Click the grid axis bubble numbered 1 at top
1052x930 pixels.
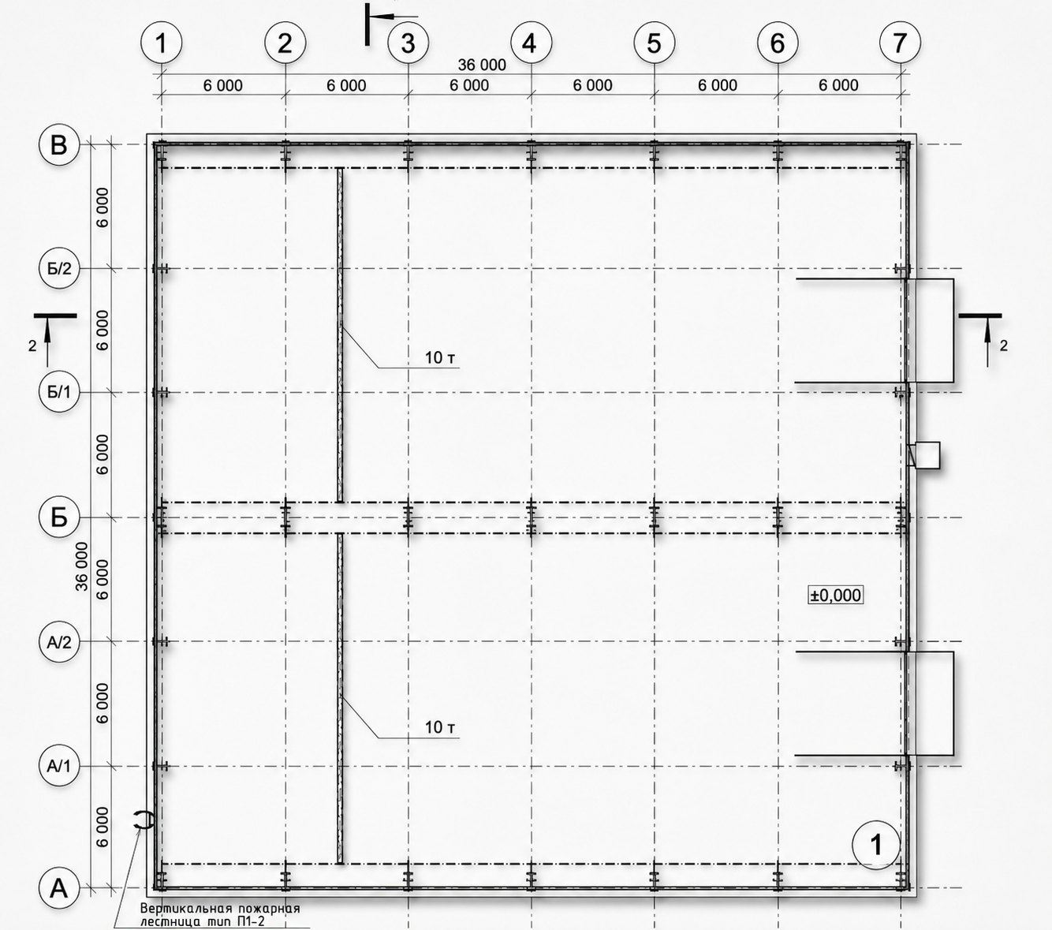coord(162,43)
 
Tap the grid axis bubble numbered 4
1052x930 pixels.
coord(531,43)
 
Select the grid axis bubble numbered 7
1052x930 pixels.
coord(901,43)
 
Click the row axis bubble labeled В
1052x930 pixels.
coord(59,144)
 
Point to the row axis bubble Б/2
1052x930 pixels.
coord(59,269)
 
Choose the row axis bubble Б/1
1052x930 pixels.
coord(59,392)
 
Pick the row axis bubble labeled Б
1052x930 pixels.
coord(59,517)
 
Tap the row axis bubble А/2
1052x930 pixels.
coord(59,642)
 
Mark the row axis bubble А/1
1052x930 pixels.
coord(59,766)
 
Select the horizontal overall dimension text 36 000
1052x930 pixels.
coord(481,65)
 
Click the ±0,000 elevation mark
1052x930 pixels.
coord(835,595)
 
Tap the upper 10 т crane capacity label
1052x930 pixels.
coord(440,358)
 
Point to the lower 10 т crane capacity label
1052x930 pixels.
coord(440,727)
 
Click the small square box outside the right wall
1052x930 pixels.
coord(926,455)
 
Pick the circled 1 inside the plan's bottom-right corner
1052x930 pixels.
coord(876,846)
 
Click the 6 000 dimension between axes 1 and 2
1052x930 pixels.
coord(222,85)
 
